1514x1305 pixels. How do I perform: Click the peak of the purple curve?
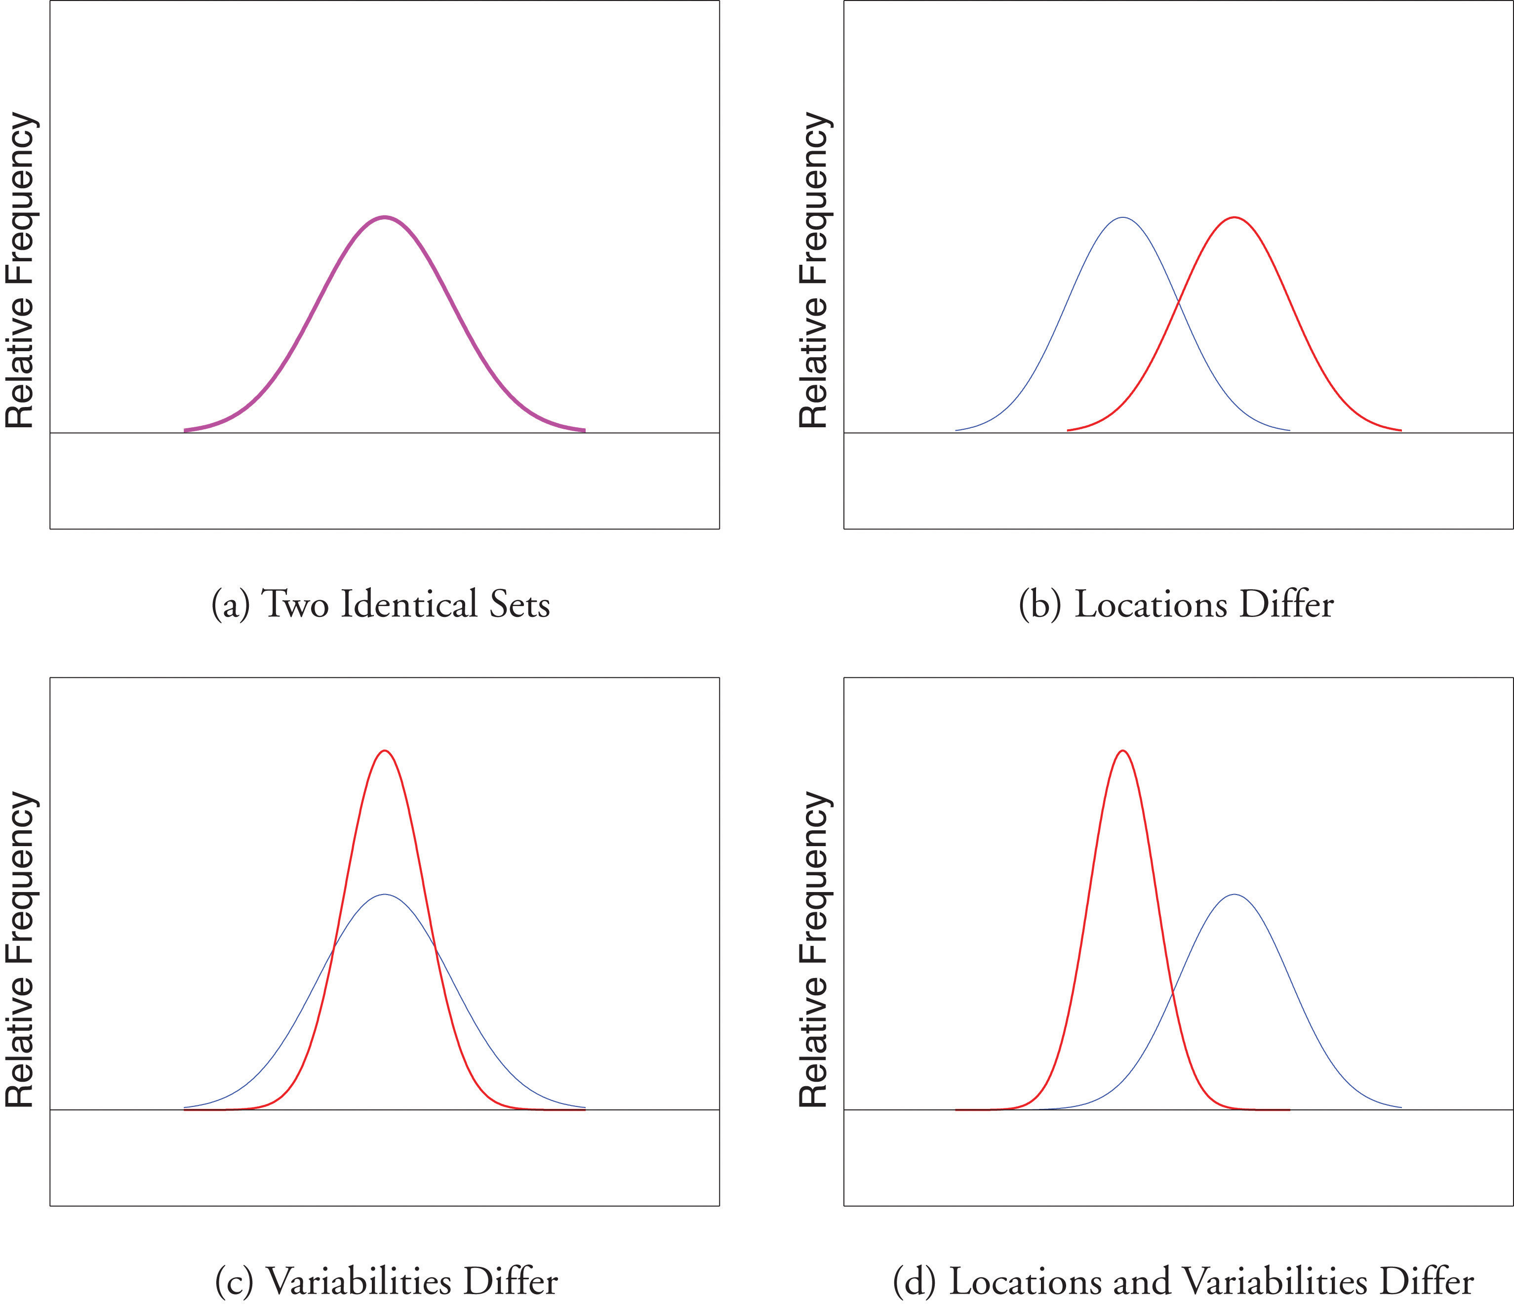pos(385,217)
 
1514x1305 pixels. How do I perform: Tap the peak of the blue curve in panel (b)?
pos(1123,218)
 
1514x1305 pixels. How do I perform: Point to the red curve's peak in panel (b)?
pos(1234,218)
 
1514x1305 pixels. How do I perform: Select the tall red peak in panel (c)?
pos(385,751)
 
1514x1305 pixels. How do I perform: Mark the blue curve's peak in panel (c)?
pos(385,894)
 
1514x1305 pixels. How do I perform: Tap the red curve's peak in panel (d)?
pos(1123,751)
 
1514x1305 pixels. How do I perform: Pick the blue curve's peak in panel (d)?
pos(1234,894)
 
